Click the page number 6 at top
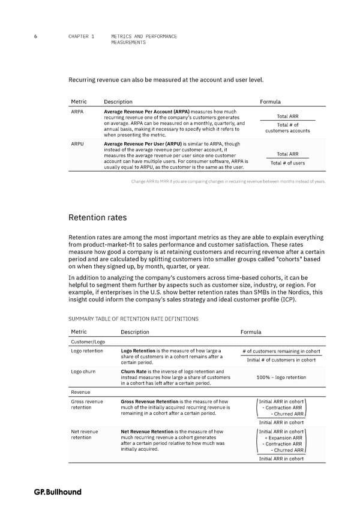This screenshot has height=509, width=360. point(37,37)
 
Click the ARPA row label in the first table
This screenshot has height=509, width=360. point(77,112)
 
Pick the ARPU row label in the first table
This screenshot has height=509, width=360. point(77,144)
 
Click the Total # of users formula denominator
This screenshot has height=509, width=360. point(287,163)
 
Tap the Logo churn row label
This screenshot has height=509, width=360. point(83,372)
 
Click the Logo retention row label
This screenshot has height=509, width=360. point(86,351)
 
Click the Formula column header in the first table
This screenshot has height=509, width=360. point(271,101)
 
